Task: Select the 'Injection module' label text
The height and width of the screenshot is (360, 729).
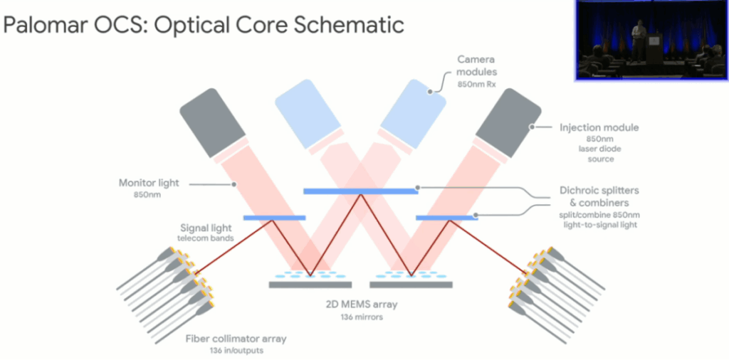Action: [588, 127]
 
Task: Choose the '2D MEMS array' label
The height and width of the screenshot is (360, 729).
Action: [361, 305]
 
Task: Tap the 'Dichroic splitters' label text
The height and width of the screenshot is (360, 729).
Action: [597, 191]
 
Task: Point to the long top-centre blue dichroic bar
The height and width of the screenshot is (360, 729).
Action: [361, 191]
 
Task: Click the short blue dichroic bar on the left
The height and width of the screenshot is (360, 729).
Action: [274, 217]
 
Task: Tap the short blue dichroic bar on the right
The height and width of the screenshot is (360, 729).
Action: [445, 217]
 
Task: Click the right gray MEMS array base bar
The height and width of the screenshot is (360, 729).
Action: [411, 285]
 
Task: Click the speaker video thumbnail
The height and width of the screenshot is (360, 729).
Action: [650, 39]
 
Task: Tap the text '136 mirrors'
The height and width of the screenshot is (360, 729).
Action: [361, 317]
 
